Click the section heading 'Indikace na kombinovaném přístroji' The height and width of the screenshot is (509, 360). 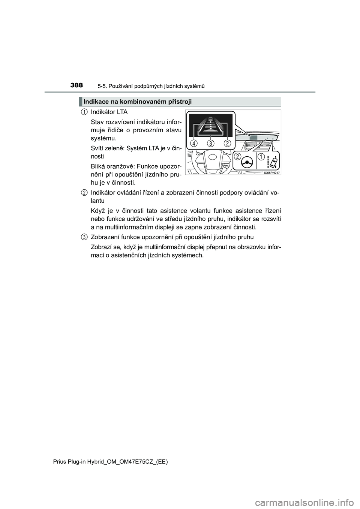point(138,102)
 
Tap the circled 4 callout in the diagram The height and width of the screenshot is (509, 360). point(194,143)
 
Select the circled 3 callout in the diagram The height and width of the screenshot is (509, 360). point(211,143)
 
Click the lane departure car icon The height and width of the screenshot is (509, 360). point(273,162)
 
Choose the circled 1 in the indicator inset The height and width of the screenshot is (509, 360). point(261,156)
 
